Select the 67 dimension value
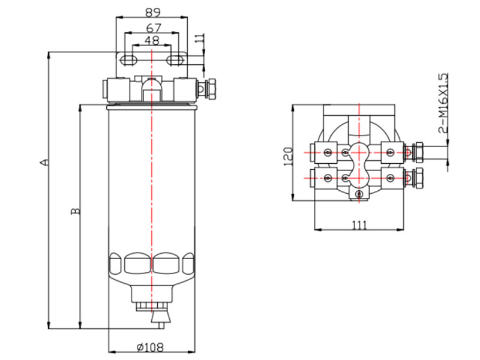pos(152,28)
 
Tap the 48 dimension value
pos(152,41)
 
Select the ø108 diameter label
pos(151,346)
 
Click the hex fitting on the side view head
pos(211,89)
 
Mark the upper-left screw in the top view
pos(328,152)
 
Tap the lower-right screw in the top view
pos(390,178)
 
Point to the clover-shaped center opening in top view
pos(359,164)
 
